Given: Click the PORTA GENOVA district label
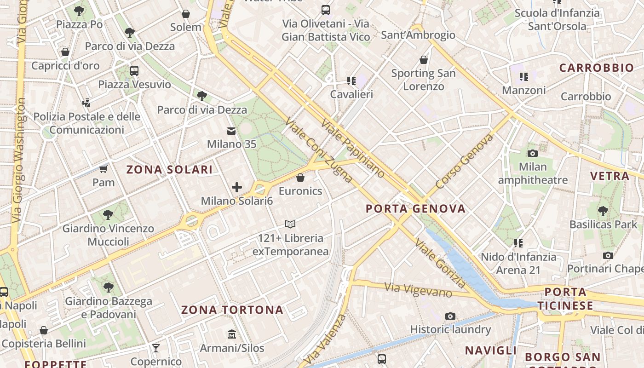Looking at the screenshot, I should point(415,209).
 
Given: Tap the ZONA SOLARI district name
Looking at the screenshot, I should point(169,170).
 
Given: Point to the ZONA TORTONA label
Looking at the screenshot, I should point(232,310).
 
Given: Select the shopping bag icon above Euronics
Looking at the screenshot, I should point(300,178).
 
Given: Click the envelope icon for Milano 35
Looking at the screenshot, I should point(231,132).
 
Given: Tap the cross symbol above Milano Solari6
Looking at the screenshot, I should point(237,187).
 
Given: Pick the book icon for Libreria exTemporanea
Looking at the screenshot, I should point(290,224).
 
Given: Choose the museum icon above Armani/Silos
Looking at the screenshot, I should point(232,334).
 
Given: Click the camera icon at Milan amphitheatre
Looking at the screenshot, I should point(533,153).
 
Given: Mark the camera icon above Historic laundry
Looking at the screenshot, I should point(450,316).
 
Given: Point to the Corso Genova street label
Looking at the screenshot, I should point(464,161).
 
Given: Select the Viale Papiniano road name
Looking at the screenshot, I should point(352,148).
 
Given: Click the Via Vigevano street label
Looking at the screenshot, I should point(418,290).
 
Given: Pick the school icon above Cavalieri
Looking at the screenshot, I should point(351,81).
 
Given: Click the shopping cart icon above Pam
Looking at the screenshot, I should point(103,169).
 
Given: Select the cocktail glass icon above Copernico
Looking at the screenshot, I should point(156,348).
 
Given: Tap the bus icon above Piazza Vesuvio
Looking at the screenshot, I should point(134,71).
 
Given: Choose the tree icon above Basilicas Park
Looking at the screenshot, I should point(603,211).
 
